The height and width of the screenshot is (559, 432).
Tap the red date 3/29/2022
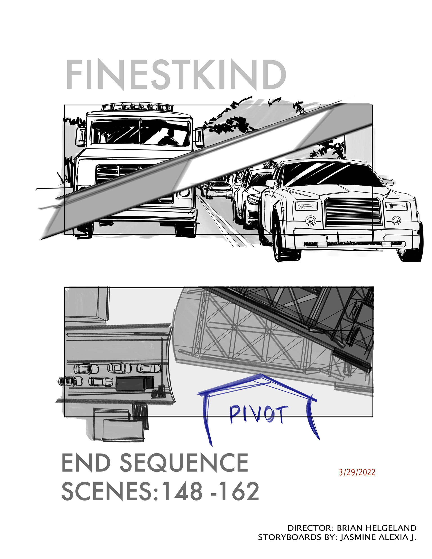coord(357,472)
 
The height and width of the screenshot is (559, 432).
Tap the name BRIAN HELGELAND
coord(376,528)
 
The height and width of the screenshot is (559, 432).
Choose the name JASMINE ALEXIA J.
coord(378,537)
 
